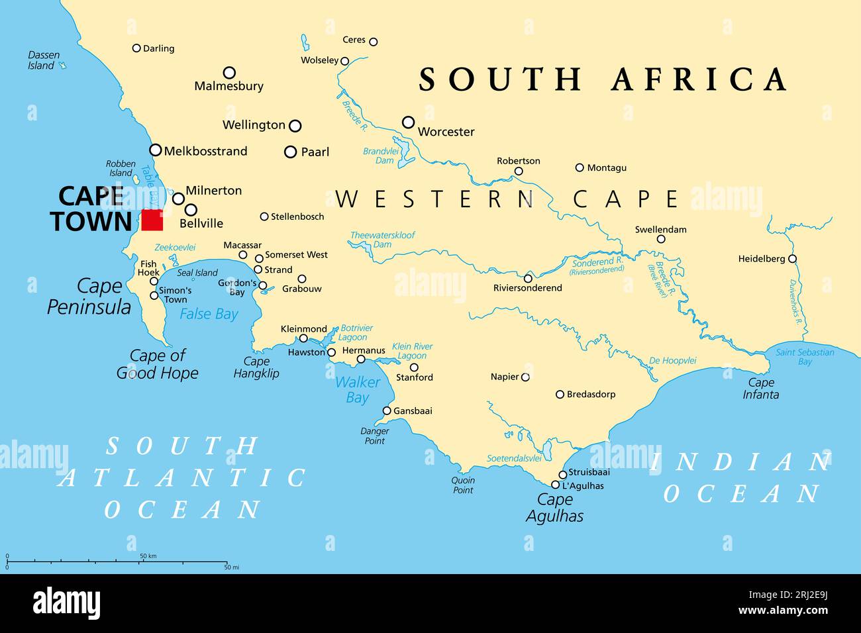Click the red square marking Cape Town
(x=152, y=220)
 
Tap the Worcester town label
(x=446, y=132)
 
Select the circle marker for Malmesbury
(x=229, y=72)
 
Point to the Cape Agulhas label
(x=554, y=508)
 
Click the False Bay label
(x=209, y=314)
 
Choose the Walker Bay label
(x=358, y=390)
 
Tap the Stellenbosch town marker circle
(x=264, y=217)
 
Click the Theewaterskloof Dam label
(x=383, y=239)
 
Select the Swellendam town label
(x=660, y=230)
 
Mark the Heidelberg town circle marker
(x=792, y=259)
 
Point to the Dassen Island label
(x=44, y=60)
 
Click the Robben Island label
(x=121, y=168)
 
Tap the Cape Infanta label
(x=761, y=388)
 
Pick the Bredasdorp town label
(x=590, y=394)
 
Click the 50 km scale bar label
(x=148, y=556)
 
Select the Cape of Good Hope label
(x=158, y=364)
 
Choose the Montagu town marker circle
(x=580, y=168)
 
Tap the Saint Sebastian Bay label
(x=805, y=357)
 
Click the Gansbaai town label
(x=413, y=411)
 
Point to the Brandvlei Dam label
(x=378, y=156)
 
